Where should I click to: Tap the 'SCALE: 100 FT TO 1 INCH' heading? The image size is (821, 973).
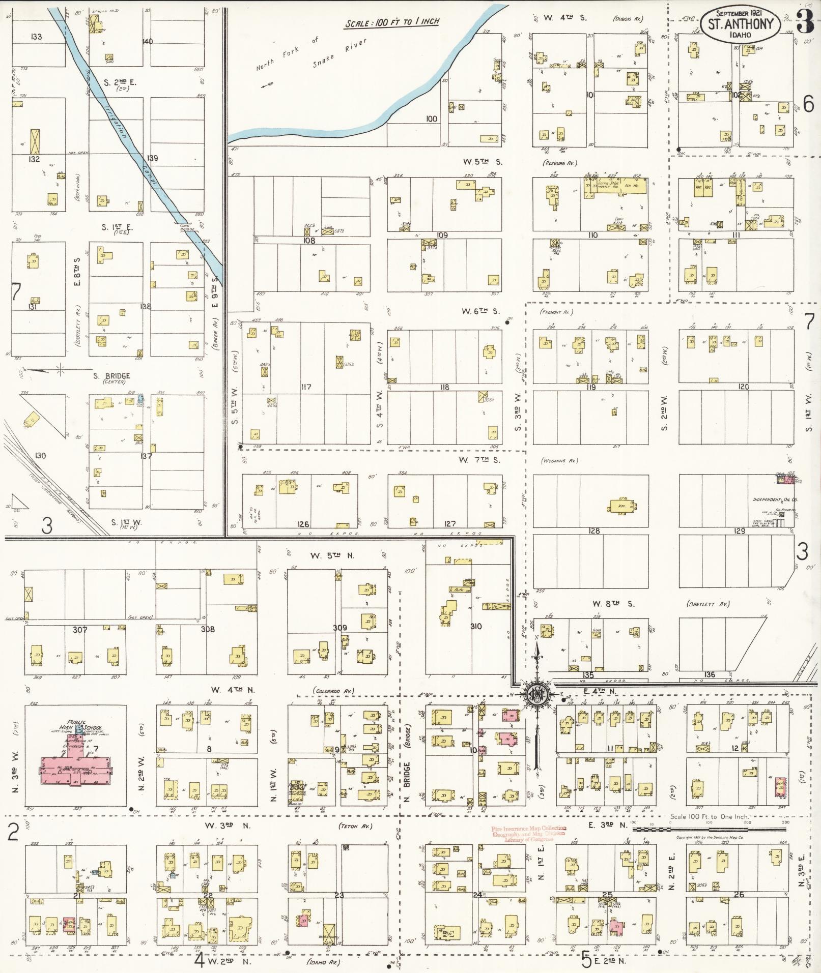pyautogui.click(x=392, y=23)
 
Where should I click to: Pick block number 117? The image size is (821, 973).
pyautogui.click(x=305, y=387)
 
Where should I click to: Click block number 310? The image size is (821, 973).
pyautogui.click(x=475, y=627)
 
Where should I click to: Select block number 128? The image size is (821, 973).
pyautogui.click(x=593, y=531)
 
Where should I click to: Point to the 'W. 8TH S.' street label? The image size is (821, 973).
pyautogui.click(x=613, y=604)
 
